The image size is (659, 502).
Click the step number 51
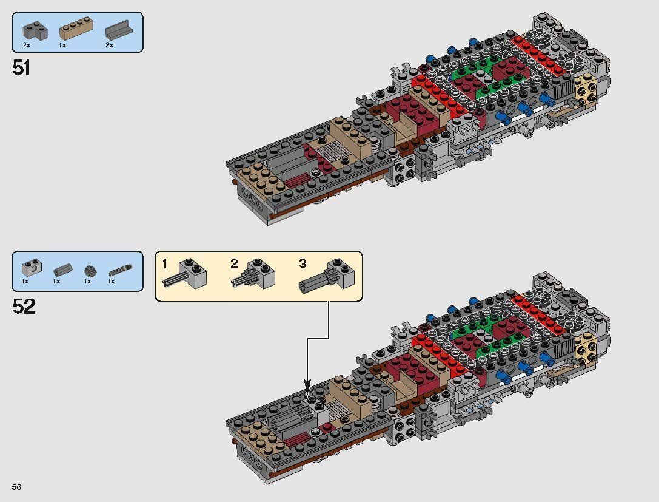pos(21,67)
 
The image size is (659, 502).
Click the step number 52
pos(24,307)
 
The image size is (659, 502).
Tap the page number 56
pos(17,487)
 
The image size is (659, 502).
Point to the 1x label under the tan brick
pos(63,46)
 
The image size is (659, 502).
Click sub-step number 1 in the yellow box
pos(164,264)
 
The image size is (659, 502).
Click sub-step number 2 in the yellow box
pos(234,264)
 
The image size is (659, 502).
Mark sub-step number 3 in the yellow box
pos(303,264)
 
